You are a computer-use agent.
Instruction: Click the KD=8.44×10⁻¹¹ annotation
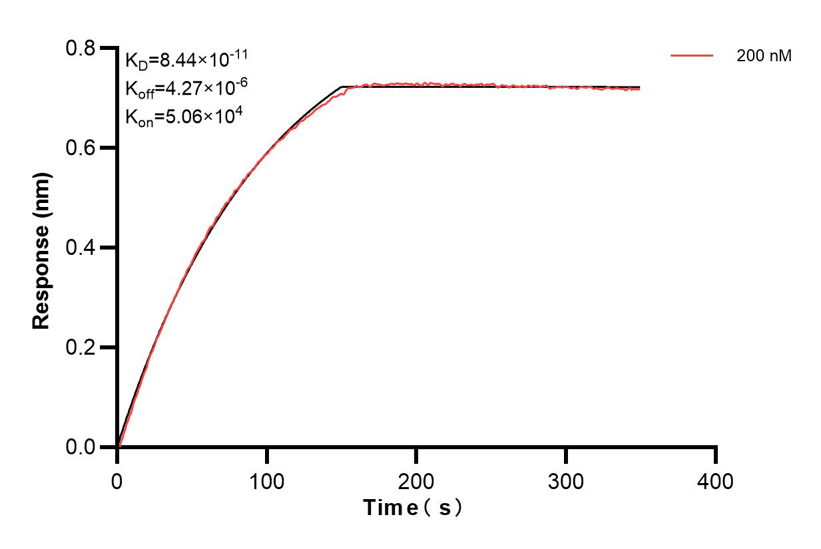point(186,61)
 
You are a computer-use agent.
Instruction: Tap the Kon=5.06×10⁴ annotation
point(183,116)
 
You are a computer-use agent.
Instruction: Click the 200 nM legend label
point(764,57)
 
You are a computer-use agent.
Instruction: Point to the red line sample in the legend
point(692,56)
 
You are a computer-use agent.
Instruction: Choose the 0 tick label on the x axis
point(117,480)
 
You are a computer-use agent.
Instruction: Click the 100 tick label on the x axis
point(266,480)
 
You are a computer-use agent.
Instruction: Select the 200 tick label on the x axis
point(416,480)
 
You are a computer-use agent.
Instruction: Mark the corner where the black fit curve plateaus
point(342,87)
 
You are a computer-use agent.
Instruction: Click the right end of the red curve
point(640,89)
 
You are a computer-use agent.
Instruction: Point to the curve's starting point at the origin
point(118,447)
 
